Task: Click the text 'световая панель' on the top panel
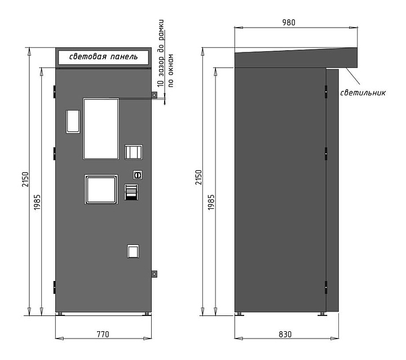(x=103, y=56)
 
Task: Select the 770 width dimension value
(x=103, y=335)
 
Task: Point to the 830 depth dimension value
(x=285, y=335)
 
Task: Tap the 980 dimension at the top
(x=289, y=23)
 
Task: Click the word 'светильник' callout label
(x=363, y=93)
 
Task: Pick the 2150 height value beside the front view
(x=25, y=179)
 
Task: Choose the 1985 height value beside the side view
(x=211, y=202)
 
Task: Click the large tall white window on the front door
(x=101, y=129)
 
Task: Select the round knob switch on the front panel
(x=138, y=175)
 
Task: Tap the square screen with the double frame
(x=101, y=190)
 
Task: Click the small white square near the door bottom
(x=133, y=251)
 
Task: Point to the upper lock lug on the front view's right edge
(x=154, y=95)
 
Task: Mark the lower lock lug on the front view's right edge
(x=154, y=274)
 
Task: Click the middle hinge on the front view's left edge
(x=54, y=153)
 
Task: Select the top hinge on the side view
(x=326, y=92)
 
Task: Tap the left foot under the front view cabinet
(x=60, y=314)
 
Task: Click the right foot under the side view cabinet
(x=323, y=314)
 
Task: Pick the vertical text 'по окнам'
(x=171, y=71)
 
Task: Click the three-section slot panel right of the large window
(x=134, y=152)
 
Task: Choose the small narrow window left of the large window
(x=73, y=121)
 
